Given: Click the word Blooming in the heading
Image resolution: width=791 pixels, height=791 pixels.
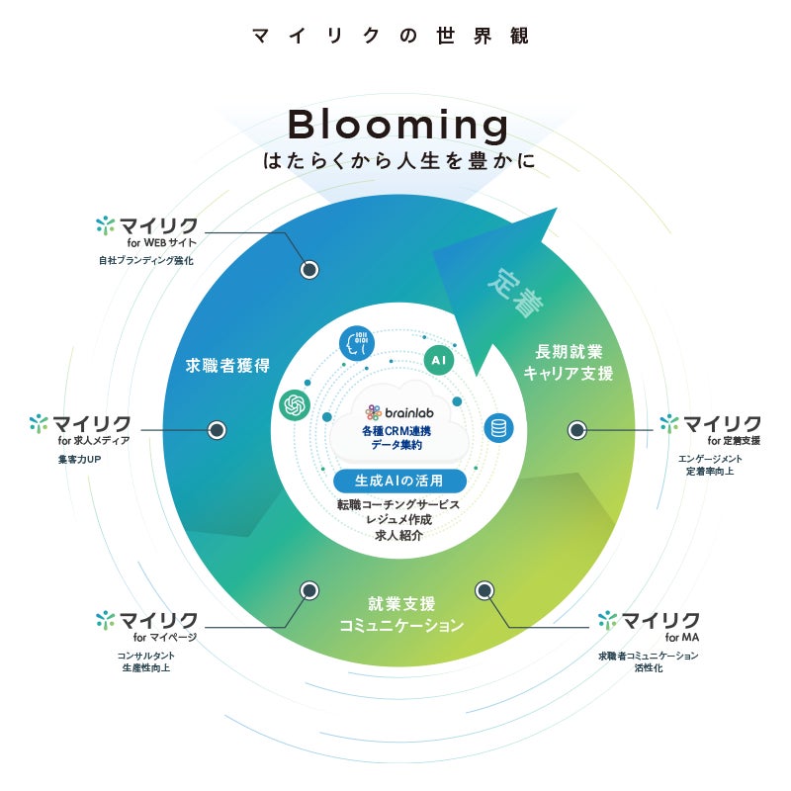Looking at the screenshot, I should (397, 126).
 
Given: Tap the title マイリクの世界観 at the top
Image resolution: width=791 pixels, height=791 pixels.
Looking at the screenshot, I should (391, 37).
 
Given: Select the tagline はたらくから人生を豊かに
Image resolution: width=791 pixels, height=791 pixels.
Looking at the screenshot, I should (398, 160).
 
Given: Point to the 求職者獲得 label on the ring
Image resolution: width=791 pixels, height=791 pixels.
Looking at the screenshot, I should (228, 365).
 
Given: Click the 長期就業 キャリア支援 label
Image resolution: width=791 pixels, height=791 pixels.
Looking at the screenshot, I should (569, 362).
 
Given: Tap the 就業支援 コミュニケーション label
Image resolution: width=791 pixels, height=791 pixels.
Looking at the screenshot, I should (400, 614).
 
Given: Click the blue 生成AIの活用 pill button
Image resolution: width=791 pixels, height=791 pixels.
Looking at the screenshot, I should (398, 481).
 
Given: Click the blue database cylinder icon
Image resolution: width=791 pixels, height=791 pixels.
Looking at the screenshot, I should (498, 428).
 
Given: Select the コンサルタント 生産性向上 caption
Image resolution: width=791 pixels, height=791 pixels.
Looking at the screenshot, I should (145, 661).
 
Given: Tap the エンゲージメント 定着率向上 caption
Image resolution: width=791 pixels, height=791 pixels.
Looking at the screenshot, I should (710, 465).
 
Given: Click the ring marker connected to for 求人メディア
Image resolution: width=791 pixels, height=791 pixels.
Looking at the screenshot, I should (217, 430).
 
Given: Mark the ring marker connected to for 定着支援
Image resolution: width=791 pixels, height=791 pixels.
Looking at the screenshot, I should (576, 430).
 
